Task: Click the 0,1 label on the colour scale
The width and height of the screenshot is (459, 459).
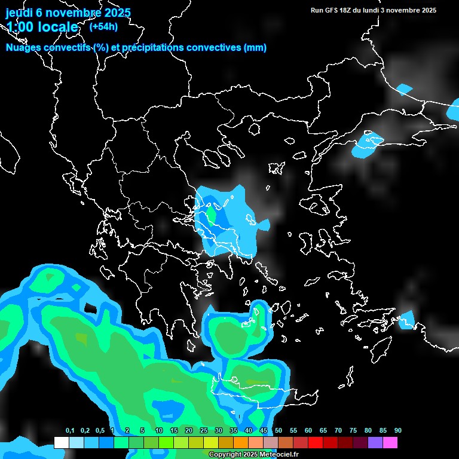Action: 70,430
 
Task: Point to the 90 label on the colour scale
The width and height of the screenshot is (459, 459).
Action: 398,430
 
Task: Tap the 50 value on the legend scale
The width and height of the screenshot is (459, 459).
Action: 279,430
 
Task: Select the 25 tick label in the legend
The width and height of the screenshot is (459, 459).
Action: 204,430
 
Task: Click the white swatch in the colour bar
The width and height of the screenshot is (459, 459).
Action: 61,442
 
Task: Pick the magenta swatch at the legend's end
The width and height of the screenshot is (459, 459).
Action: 390,442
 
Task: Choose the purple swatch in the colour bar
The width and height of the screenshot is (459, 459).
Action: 375,442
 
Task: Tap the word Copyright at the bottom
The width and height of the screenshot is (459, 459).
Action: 226,455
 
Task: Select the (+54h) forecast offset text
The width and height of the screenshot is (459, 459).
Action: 103,26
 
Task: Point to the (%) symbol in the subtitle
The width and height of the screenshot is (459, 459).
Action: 101,48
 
